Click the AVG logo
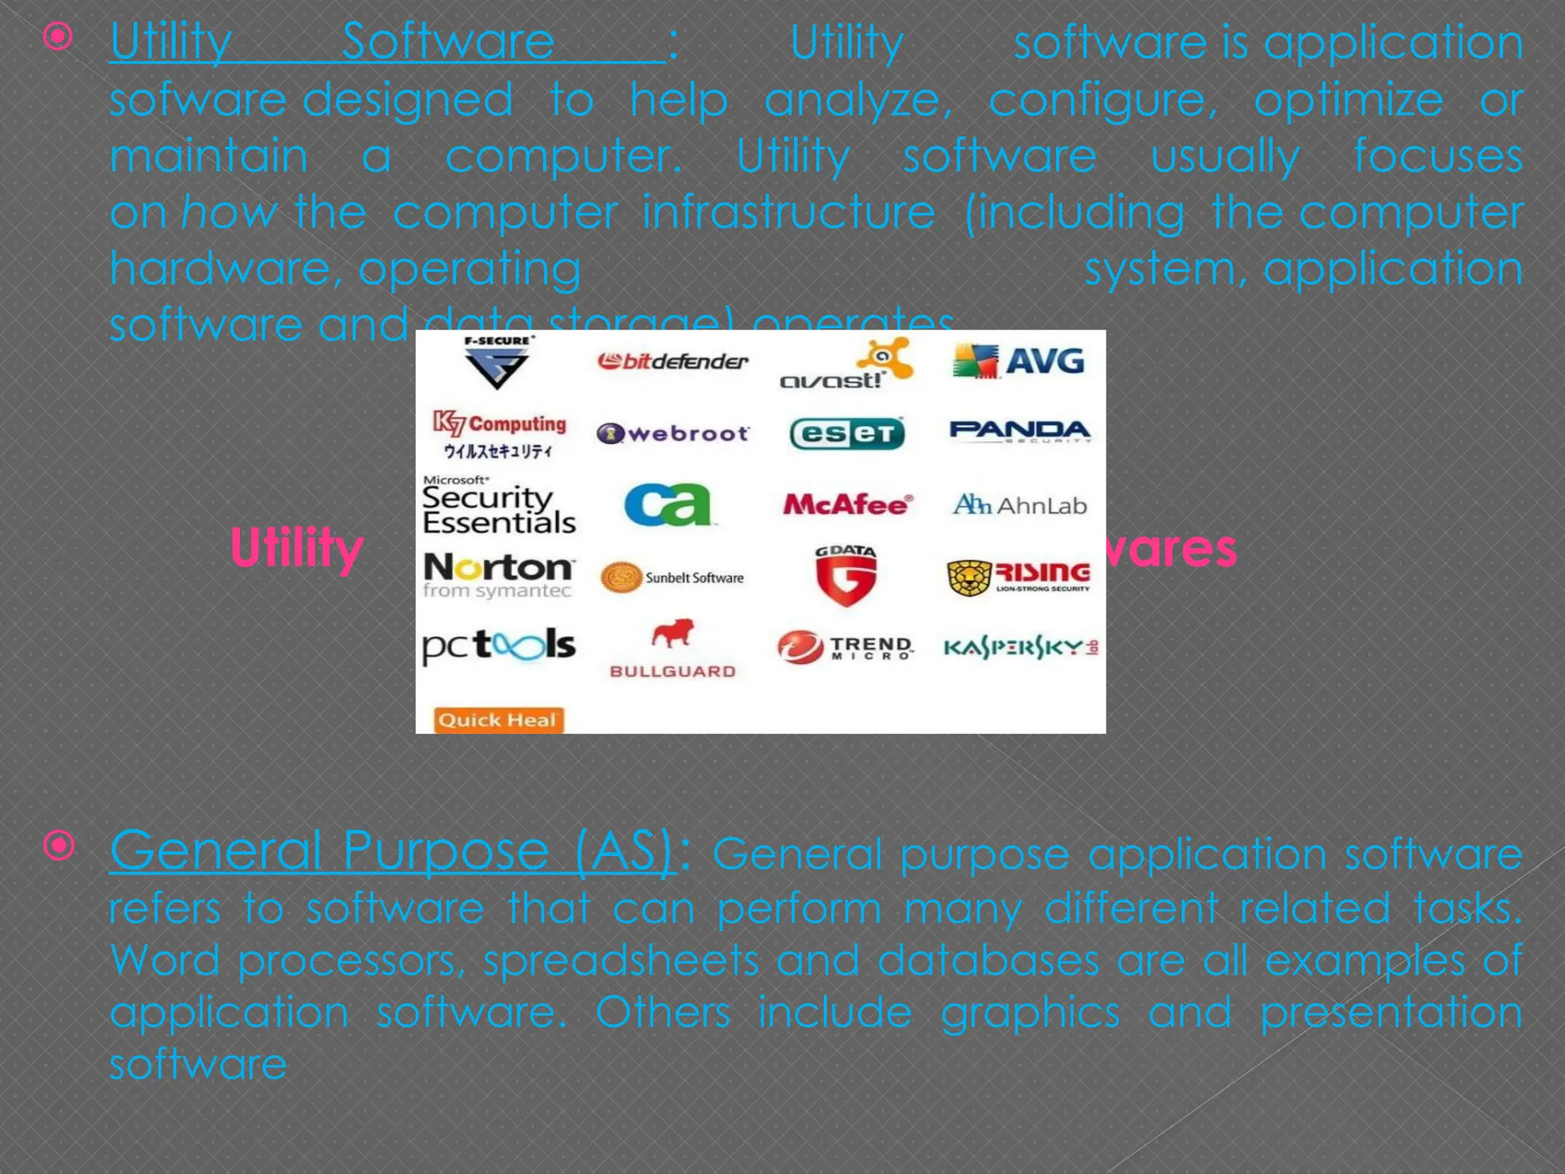tap(1019, 361)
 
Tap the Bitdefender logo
tap(672, 361)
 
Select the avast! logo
tap(846, 365)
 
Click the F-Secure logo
tap(497, 362)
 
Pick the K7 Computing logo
tap(500, 433)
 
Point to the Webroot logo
tap(672, 433)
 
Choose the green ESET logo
tap(847, 433)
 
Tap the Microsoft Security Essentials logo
tap(498, 505)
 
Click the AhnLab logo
tap(1019, 505)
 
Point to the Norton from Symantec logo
tap(498, 575)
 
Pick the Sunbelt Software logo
tap(672, 578)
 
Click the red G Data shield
tap(845, 577)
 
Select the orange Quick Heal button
tap(498, 720)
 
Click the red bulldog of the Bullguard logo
tap(672, 634)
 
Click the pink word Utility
tap(296, 548)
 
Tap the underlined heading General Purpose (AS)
tap(393, 850)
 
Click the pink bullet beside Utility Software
tap(59, 37)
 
